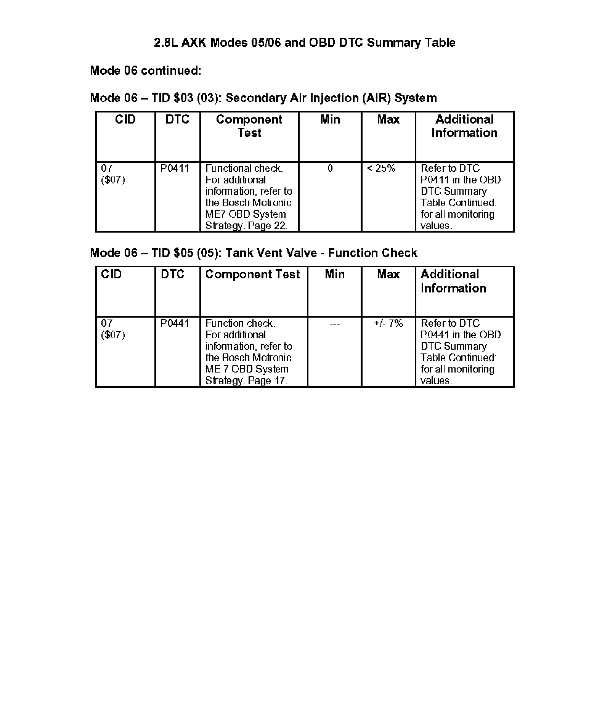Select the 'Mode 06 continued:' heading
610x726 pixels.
point(145,71)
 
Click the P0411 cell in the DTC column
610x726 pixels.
point(175,169)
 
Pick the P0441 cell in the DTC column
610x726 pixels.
point(175,323)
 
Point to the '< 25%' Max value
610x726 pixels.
point(381,169)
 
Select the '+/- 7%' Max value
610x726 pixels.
point(388,323)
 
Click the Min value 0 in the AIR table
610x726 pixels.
point(330,169)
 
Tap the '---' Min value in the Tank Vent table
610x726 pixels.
point(334,324)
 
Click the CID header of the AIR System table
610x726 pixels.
point(125,120)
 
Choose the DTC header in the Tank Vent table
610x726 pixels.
point(172,275)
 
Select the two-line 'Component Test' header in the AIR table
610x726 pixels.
point(249,126)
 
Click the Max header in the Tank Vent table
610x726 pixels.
point(388,275)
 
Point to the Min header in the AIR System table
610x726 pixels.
point(330,120)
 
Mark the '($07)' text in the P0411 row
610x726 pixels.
point(113,180)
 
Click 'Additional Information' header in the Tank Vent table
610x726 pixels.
point(453,281)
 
